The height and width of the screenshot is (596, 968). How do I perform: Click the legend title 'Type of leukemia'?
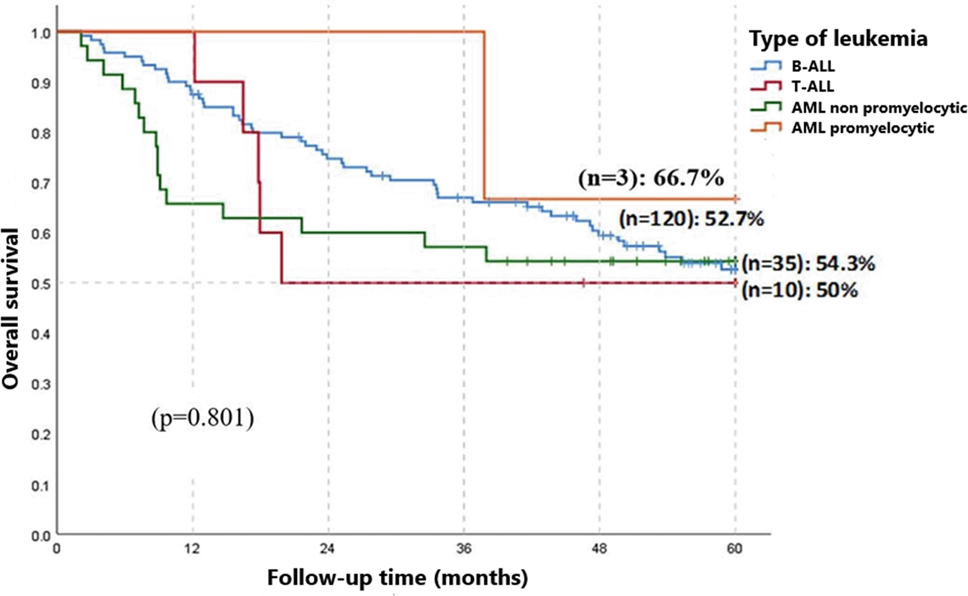838,39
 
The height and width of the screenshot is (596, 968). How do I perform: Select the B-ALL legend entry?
813,66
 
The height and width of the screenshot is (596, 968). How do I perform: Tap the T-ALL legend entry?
813,86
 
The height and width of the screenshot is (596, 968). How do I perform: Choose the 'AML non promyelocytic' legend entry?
878,108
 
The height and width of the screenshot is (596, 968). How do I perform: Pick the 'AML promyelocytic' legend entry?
863,128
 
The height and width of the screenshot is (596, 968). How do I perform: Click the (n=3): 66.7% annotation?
651,178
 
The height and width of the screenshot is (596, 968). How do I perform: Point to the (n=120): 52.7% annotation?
691,219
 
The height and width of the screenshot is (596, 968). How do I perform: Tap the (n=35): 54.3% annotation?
808,264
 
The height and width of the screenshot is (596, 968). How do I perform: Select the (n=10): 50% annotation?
799,290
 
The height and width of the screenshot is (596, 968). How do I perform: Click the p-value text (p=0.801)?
202,418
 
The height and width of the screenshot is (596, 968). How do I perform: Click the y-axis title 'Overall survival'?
11,308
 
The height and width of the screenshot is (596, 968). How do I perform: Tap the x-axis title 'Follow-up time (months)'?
397,577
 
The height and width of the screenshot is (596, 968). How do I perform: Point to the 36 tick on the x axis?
464,549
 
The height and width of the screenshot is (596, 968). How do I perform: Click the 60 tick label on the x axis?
735,549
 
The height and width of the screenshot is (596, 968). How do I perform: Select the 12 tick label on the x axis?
192,549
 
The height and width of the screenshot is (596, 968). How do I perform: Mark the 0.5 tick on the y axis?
41,284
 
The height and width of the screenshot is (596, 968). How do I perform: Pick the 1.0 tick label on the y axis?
41,33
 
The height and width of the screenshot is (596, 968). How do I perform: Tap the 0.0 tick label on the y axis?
41,536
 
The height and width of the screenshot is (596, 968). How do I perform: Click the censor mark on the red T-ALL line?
583,283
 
